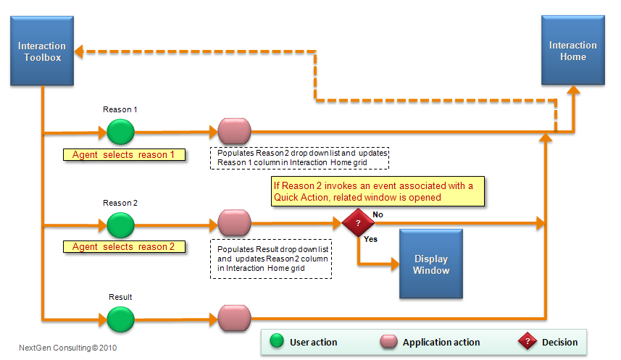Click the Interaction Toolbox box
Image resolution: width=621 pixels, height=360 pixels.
41,51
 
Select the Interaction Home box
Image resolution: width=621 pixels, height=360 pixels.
572,51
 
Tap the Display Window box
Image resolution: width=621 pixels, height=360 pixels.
431,264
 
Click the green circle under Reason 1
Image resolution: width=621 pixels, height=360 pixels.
120,132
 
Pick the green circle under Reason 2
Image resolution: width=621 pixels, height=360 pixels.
120,225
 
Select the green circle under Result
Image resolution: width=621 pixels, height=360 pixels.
120,318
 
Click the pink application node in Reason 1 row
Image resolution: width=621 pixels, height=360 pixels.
234,132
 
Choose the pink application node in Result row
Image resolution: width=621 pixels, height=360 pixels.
234,318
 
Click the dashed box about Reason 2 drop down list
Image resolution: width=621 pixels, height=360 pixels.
299,159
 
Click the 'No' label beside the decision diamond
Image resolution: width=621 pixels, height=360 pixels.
378,215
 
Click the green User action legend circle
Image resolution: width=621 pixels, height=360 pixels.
276,342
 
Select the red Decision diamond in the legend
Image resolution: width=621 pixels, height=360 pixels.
527,342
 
